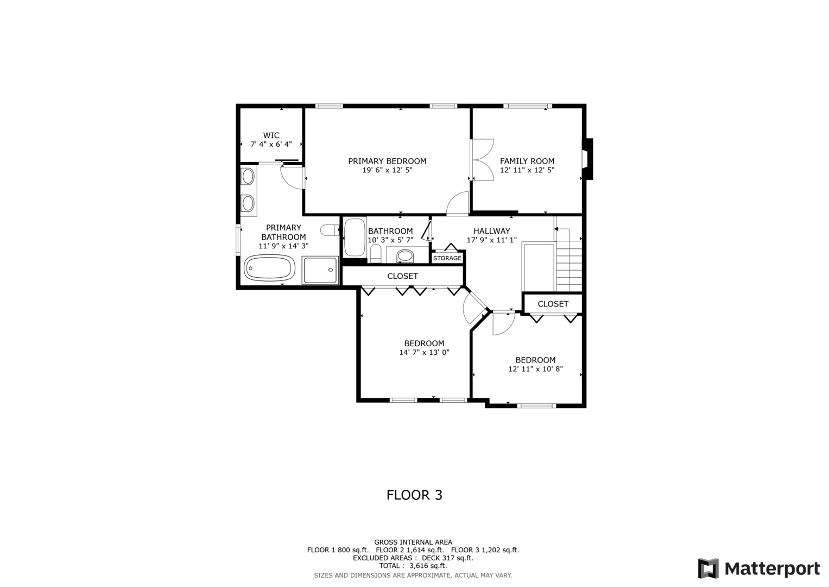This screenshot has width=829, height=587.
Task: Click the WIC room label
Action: [x=271, y=135]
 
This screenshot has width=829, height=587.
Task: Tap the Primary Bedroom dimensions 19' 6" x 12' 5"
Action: [x=387, y=170]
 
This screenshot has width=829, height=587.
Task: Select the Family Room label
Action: [x=527, y=161]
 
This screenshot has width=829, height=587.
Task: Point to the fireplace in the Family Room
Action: [x=588, y=159]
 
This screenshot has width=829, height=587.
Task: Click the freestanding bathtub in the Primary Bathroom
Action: [x=269, y=268]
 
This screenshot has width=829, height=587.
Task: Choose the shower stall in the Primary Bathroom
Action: [x=320, y=270]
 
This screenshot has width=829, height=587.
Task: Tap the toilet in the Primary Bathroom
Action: [x=330, y=230]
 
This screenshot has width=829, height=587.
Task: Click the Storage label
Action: [x=447, y=258]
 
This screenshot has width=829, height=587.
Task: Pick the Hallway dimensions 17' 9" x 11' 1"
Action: [x=491, y=240]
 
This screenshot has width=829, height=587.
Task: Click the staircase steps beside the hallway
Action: [x=569, y=260]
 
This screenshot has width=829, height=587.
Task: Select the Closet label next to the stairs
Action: [x=553, y=304]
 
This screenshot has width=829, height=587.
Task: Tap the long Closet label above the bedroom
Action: [x=403, y=276]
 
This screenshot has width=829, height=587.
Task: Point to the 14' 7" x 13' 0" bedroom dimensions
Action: [x=424, y=352]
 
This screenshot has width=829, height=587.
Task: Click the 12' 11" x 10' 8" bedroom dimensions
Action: [x=535, y=369]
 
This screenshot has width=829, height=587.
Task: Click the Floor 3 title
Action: [x=415, y=495]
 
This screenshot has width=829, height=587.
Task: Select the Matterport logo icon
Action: [x=708, y=569]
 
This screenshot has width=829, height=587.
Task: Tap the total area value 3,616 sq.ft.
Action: [x=428, y=566]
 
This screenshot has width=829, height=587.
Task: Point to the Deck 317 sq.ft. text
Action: [x=447, y=558]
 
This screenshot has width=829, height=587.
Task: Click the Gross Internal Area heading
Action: [x=413, y=542]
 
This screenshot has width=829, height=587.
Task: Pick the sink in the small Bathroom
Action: [x=405, y=255]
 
